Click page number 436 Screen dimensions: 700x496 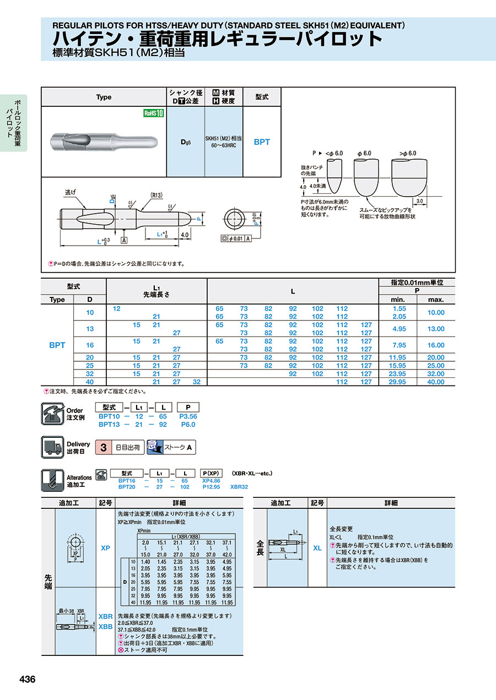28,680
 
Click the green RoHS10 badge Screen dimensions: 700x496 154,113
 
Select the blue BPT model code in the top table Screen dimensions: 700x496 262,142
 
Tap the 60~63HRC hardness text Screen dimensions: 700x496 224,145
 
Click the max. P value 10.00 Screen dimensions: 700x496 436,312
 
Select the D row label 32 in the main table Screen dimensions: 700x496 90,373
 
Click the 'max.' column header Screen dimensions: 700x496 436,300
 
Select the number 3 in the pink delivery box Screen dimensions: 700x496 103,447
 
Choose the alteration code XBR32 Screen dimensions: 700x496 239,487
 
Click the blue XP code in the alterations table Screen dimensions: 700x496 105,549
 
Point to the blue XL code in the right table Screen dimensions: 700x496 317,549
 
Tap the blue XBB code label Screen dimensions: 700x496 105,627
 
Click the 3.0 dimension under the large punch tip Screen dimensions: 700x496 420,201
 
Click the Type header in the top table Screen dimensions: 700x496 104,97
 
